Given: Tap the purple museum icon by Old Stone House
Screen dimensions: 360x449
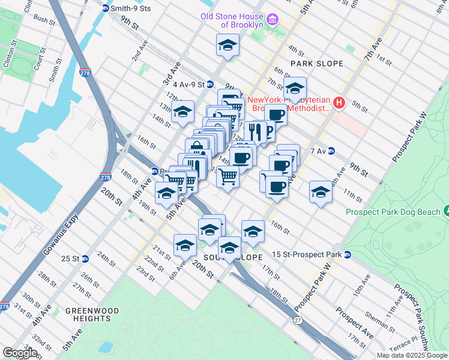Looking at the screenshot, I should (273, 20).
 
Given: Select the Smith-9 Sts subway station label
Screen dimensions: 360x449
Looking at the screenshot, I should (128, 8).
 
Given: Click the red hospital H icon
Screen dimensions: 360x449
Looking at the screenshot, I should (339, 103).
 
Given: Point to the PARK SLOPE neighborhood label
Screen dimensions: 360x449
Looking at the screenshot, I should (317, 64).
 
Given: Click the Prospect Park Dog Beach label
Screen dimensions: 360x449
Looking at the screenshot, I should (393, 211).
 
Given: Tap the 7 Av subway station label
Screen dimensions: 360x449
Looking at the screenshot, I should (318, 151).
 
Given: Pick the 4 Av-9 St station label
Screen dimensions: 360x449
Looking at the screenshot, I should (185, 85).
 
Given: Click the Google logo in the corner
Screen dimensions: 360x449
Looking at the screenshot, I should (20, 353).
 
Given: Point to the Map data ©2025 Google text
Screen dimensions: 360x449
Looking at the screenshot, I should (411, 355).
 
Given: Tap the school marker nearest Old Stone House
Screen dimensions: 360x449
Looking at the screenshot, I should (228, 45).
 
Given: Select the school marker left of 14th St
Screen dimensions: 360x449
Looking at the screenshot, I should (183, 112).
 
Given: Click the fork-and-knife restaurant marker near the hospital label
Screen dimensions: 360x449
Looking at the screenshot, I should (255, 131).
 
